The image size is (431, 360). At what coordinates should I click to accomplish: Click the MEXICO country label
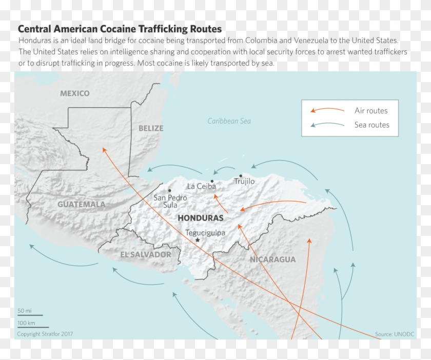point(74,93)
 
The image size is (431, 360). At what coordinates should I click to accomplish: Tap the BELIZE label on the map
point(151,128)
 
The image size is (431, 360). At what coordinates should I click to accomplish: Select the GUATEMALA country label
point(81,204)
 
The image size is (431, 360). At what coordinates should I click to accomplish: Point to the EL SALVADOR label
point(146,254)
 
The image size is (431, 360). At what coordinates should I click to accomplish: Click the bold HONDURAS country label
point(201,218)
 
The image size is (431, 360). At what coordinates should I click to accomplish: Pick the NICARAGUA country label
point(272,259)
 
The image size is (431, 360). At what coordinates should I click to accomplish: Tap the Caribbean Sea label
point(229,121)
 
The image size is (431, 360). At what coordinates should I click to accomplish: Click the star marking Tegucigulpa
point(198,240)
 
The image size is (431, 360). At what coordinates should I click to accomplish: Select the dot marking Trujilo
point(241,175)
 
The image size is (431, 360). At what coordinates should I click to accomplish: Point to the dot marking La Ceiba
point(212,181)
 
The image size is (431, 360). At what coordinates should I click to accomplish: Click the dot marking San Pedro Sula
point(169,191)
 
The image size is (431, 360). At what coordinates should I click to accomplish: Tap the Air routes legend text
point(371,111)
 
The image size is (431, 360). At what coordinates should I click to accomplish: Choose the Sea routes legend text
point(371,125)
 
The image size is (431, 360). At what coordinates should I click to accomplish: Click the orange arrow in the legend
point(327,110)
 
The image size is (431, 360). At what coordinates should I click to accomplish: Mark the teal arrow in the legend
point(327,125)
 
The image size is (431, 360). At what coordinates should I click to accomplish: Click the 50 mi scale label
point(25,311)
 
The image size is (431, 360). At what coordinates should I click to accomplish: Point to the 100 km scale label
point(26,323)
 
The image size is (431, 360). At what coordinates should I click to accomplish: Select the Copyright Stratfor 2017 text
point(45,334)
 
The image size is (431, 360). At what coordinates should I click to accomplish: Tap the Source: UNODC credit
point(394,334)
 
